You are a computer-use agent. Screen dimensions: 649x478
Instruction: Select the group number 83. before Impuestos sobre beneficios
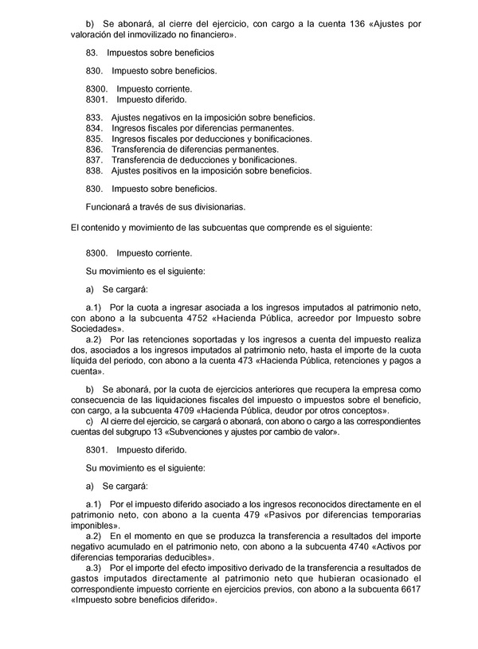tap(92, 53)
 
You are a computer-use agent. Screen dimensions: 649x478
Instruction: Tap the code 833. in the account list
tap(93, 117)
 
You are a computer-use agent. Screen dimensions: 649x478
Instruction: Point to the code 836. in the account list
tap(93, 149)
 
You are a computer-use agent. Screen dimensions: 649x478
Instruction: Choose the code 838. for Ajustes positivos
tap(93, 170)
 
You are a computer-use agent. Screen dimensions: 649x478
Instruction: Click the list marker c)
tap(89, 422)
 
